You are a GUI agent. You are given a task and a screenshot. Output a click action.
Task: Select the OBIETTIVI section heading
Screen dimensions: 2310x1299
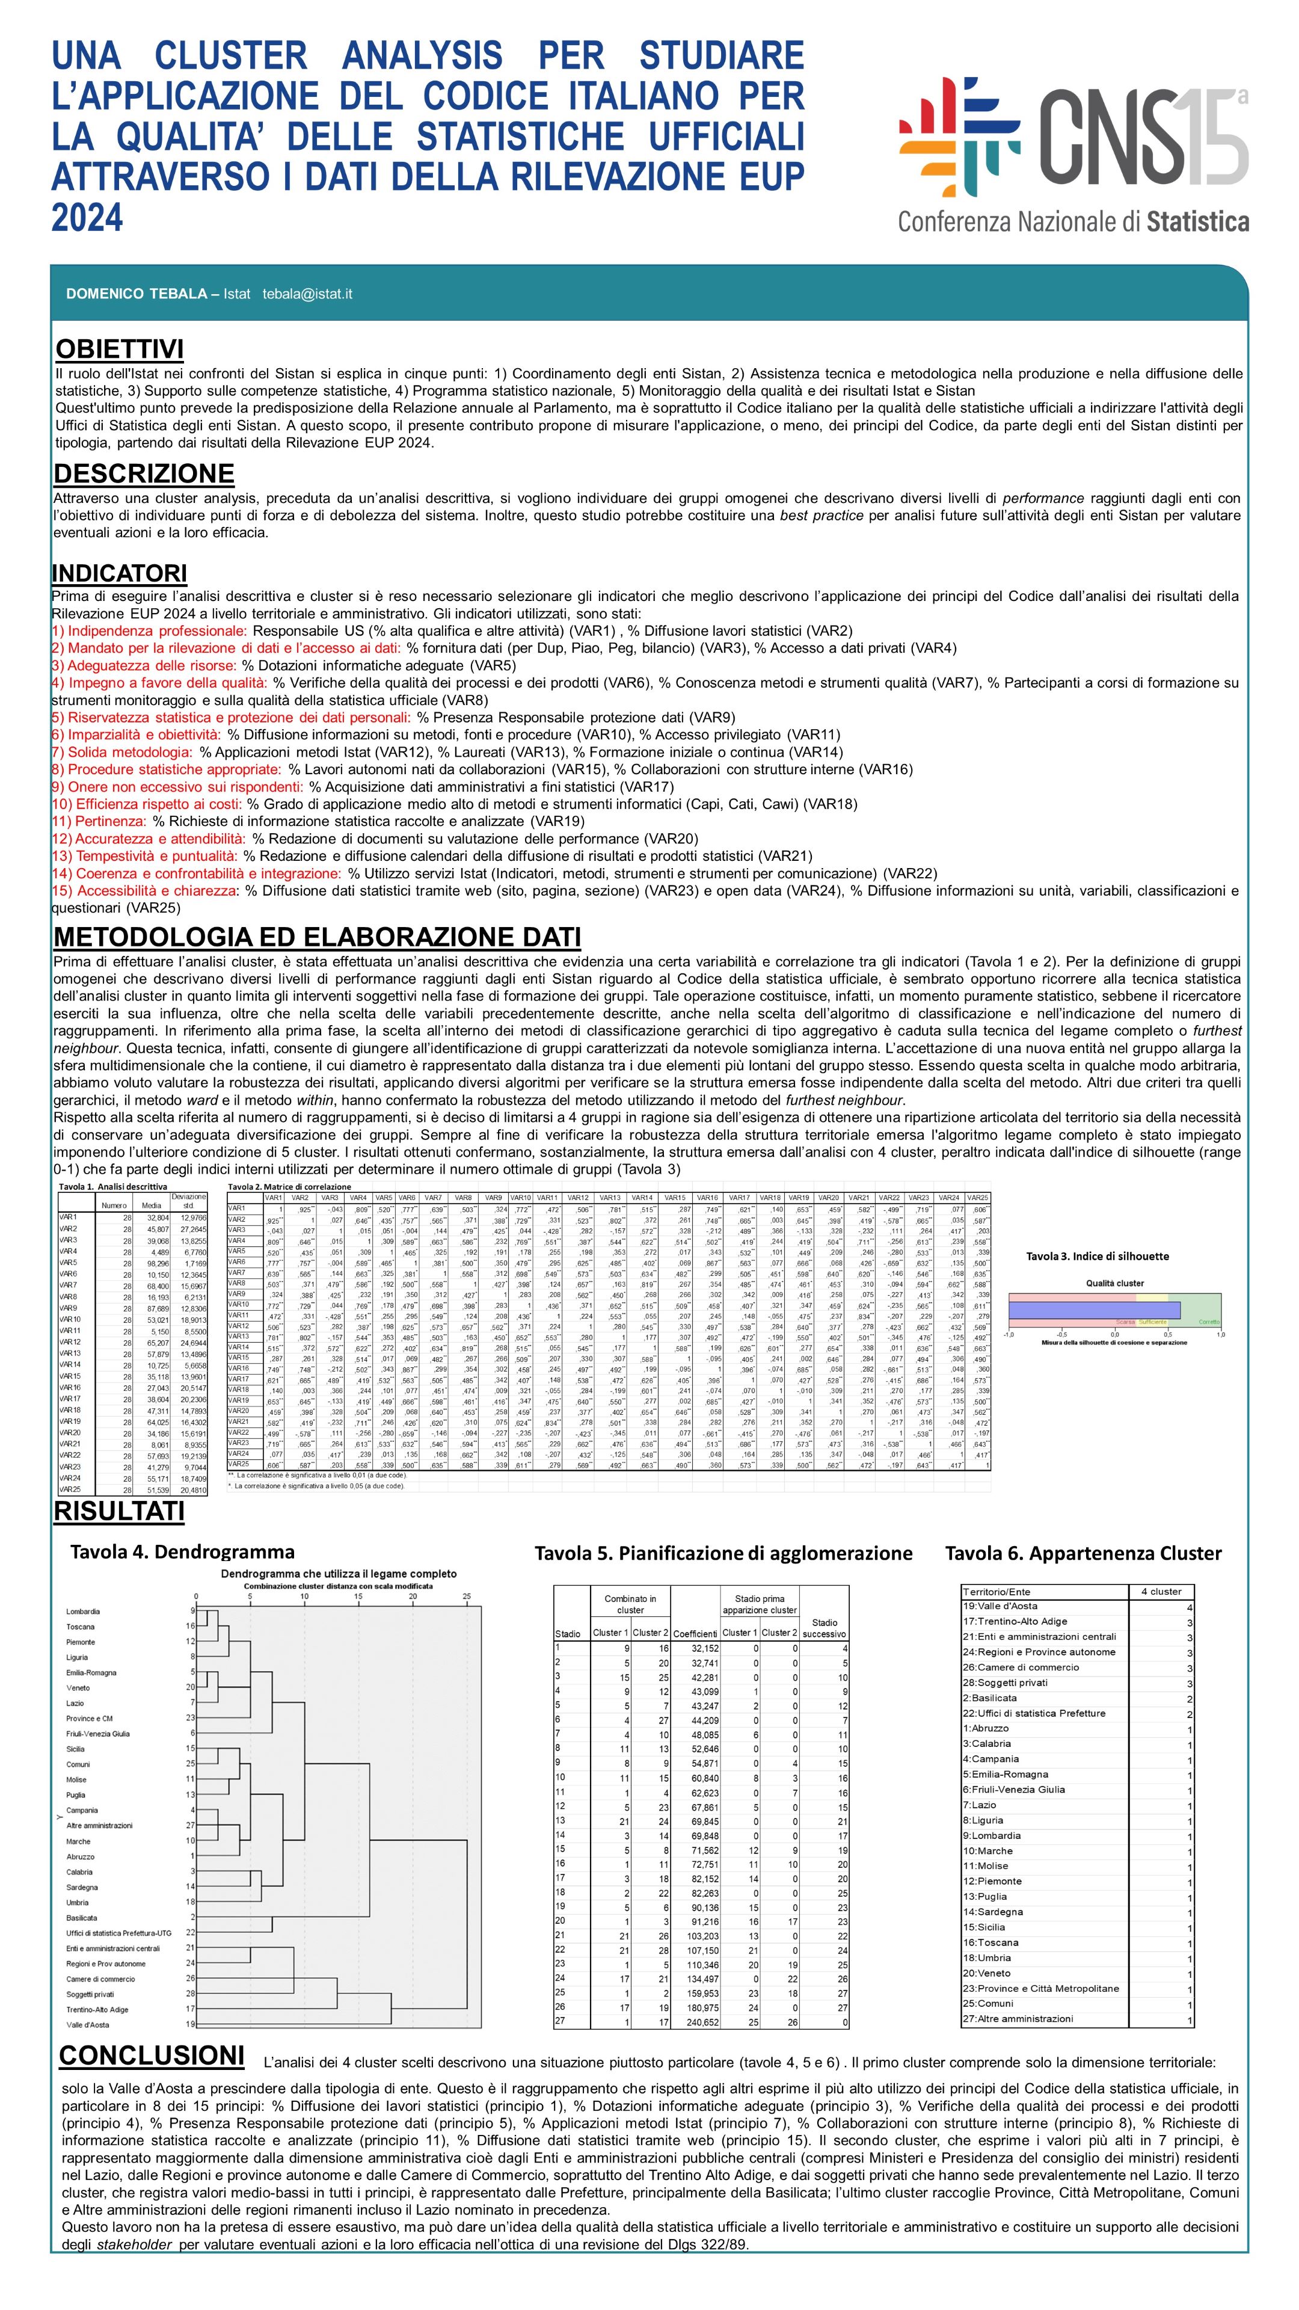119,350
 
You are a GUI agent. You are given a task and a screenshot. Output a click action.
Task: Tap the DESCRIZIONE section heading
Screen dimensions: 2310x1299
144,473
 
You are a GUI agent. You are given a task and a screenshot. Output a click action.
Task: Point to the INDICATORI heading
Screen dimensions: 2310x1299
119,573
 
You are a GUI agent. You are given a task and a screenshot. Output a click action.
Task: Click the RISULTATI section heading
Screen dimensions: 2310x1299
119,1511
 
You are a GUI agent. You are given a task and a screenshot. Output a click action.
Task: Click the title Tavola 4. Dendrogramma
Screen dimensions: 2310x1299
182,1552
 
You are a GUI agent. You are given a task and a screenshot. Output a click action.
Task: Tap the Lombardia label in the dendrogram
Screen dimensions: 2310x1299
84,1612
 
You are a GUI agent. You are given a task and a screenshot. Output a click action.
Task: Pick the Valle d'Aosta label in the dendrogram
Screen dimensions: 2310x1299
88,2025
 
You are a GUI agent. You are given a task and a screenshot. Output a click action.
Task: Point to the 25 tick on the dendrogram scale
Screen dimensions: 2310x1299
466,1596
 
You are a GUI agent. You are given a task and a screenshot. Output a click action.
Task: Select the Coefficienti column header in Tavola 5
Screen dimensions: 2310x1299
695,1633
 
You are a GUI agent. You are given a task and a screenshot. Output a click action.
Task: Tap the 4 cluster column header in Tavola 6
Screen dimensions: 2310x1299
1161,1592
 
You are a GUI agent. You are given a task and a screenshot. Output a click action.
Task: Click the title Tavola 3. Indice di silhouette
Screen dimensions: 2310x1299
1098,1256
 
